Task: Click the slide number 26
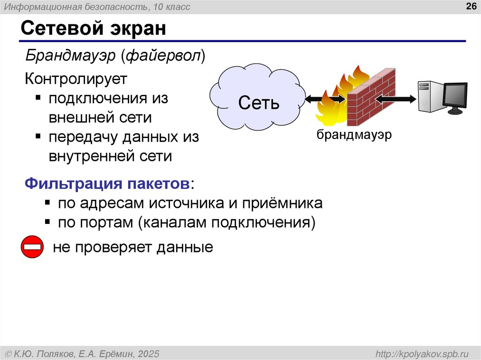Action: click(x=471, y=6)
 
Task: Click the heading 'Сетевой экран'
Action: click(x=93, y=29)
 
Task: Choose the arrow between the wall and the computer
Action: click(x=396, y=99)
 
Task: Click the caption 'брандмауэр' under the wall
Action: click(x=354, y=135)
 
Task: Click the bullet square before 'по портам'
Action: click(x=47, y=222)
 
